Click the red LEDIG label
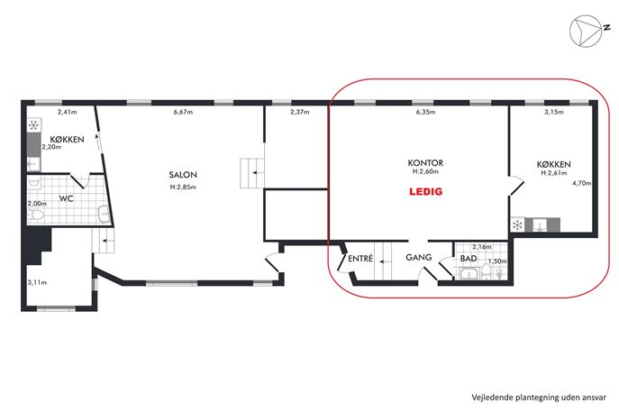pyautogui.click(x=425, y=192)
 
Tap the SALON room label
pyautogui.click(x=183, y=175)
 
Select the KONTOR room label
pyautogui.click(x=425, y=163)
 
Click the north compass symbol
pyautogui.click(x=586, y=31)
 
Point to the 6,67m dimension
pyautogui.click(x=183, y=112)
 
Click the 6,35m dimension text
pyautogui.click(x=425, y=112)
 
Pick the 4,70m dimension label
pyautogui.click(x=581, y=183)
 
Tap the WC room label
pyautogui.click(x=67, y=198)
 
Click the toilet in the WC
pyautogui.click(x=35, y=215)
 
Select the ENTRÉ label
pyautogui.click(x=360, y=259)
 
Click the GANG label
pyautogui.click(x=418, y=258)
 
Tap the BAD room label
pyautogui.click(x=469, y=259)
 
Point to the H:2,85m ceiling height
pyautogui.click(x=183, y=187)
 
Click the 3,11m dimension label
pyautogui.click(x=37, y=282)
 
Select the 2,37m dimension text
pyautogui.click(x=300, y=112)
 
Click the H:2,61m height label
pyautogui.click(x=554, y=172)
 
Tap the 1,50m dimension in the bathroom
pyautogui.click(x=497, y=261)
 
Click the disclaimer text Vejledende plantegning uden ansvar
pyautogui.click(x=539, y=398)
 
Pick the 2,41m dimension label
pyautogui.click(x=67, y=112)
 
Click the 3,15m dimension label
pyautogui.click(x=554, y=112)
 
